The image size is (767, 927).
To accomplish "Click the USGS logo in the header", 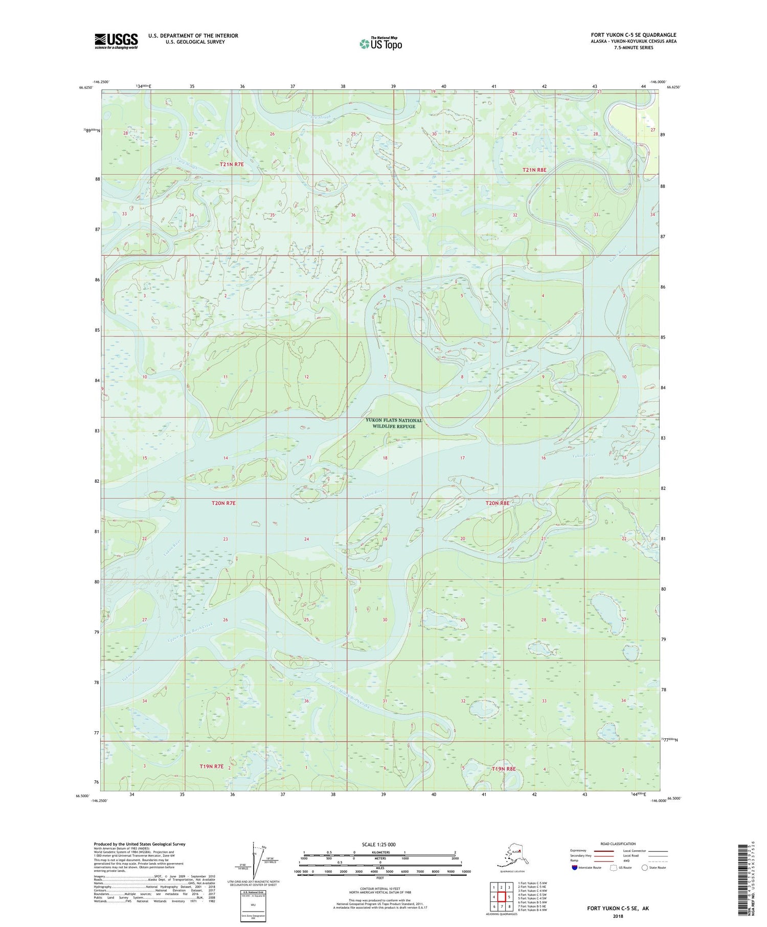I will click(116, 41).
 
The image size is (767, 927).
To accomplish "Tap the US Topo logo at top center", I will click(380, 43).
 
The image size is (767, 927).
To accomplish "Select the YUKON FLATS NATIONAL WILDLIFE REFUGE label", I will click(394, 423).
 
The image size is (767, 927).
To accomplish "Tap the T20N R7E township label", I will click(223, 503).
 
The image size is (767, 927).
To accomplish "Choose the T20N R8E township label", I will click(497, 503).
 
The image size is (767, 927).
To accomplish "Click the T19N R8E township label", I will click(504, 768).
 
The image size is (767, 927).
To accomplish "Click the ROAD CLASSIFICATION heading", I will click(618, 844).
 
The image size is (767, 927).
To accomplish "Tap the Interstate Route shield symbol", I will click(575, 868).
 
